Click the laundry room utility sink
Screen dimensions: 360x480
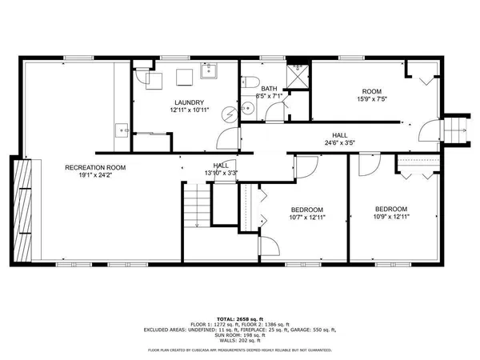pos(212,74)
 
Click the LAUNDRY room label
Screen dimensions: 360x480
pos(190,102)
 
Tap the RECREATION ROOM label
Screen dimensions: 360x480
pos(95,168)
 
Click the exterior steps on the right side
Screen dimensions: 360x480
pos(457,129)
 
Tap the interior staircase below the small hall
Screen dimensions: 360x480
pos(196,205)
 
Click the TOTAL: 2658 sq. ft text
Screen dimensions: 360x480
pos(240,318)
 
